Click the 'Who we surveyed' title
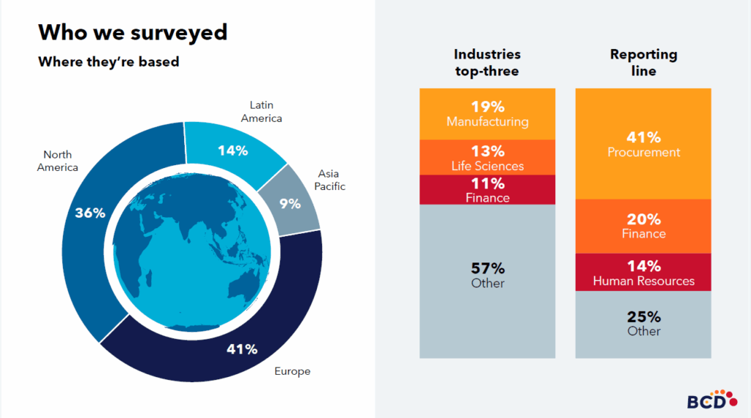tap(132, 32)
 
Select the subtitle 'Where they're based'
tap(109, 62)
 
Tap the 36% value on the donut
tap(90, 213)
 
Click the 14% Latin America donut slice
tap(233, 150)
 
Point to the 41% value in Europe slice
tap(242, 349)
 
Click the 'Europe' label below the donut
tap(292, 371)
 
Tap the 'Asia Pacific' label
tap(331, 180)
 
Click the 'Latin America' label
tap(261, 111)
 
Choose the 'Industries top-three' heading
tap(487, 62)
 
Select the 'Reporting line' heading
tap(643, 62)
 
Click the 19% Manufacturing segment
tap(487, 114)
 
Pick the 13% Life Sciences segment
tap(487, 158)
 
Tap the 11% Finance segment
tap(487, 190)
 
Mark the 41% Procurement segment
tap(643, 144)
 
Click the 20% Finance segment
tap(643, 226)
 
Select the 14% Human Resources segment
tap(643, 272)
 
